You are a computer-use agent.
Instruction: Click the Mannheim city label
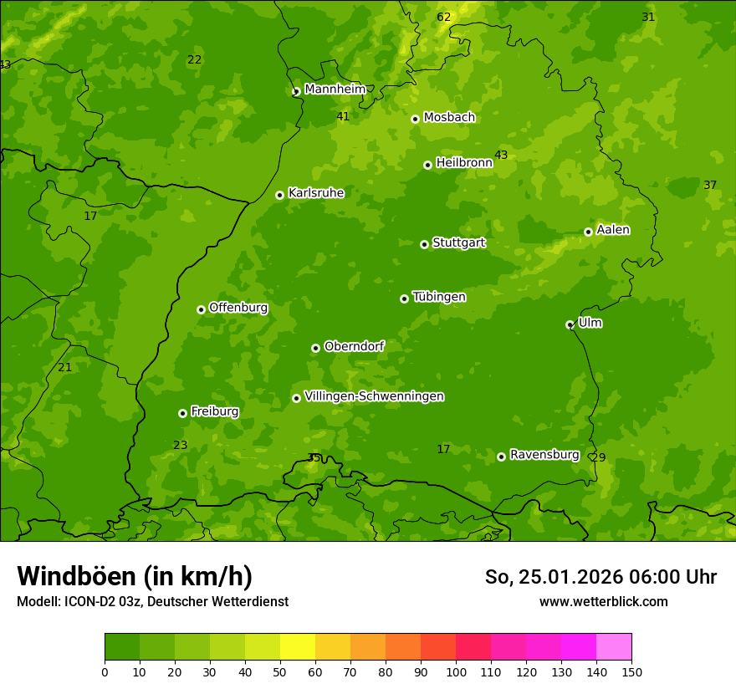(335, 89)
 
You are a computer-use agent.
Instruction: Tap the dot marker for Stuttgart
(424, 244)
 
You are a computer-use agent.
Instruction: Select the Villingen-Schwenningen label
(374, 396)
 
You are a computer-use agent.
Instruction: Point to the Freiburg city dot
(182, 413)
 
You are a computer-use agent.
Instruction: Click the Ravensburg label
(544, 455)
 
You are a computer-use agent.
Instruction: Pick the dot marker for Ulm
(570, 324)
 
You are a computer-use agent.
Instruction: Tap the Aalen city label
(612, 230)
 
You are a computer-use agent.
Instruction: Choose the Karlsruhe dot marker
(279, 195)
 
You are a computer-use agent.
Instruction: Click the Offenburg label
(238, 308)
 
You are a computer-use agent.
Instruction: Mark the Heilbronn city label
(464, 163)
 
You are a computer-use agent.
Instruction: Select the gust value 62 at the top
(443, 18)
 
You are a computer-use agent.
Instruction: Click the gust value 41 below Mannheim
(343, 117)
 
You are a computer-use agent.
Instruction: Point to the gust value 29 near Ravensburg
(598, 458)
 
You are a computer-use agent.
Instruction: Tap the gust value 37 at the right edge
(710, 186)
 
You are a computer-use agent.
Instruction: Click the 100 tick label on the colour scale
(456, 672)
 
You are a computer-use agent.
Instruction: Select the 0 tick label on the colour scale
(105, 672)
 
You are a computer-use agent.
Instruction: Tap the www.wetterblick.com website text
(603, 602)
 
